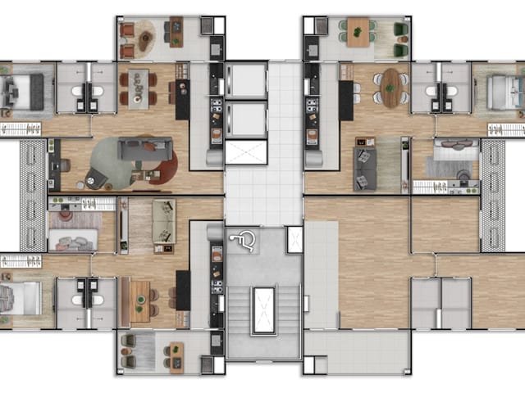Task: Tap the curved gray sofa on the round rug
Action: point(144,150)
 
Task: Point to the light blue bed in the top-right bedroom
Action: point(501,90)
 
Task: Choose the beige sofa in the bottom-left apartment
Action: point(163,221)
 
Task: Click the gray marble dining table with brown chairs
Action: point(141,88)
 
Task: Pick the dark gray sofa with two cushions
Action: point(365,166)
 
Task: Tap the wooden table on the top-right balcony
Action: point(358,33)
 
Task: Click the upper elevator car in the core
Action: point(246,81)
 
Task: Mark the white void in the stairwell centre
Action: point(263,310)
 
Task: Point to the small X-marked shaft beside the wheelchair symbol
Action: point(294,239)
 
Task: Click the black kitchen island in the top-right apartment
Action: point(347,100)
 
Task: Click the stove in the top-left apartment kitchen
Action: point(217,106)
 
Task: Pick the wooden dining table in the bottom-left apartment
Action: point(140,300)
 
